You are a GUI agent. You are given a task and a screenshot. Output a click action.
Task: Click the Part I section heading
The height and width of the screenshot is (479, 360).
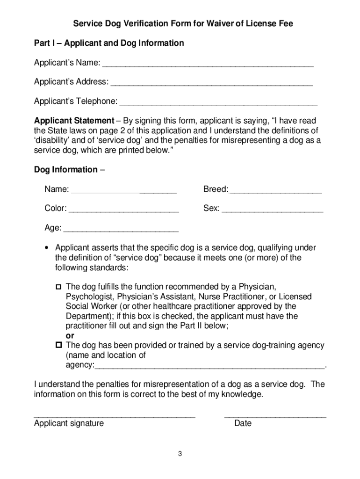(x=109, y=43)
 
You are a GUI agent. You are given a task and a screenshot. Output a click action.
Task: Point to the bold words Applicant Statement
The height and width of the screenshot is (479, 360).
(x=74, y=120)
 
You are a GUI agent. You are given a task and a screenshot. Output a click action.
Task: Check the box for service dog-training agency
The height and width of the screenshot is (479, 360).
(x=59, y=345)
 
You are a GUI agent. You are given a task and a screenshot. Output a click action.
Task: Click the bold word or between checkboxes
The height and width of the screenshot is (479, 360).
(x=70, y=336)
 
